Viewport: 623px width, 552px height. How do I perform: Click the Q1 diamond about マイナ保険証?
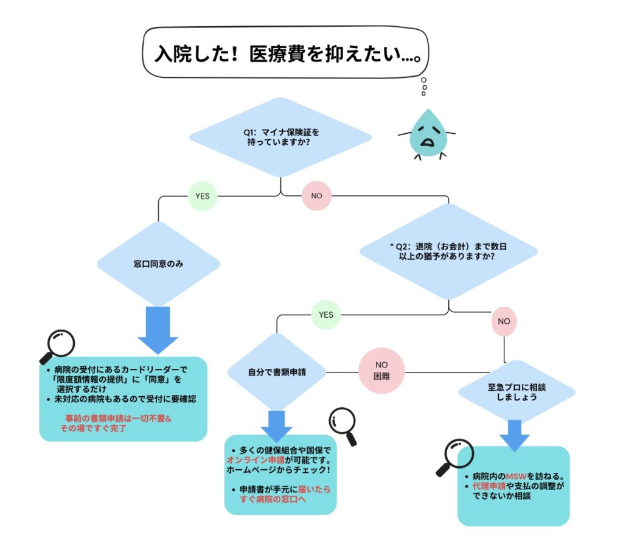[x=280, y=136]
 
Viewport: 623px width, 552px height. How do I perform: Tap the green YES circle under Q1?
[x=202, y=196]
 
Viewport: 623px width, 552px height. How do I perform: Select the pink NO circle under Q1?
[x=316, y=196]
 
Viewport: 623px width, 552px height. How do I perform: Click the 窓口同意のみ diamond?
[x=158, y=264]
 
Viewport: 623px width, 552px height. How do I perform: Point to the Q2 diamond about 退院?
[x=449, y=252]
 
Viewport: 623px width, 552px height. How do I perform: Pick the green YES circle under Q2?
[x=326, y=315]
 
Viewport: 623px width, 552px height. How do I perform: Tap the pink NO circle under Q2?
[x=504, y=320]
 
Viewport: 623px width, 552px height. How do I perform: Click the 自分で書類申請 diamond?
[x=277, y=371]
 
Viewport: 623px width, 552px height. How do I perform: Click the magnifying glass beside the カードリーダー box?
[x=57, y=346]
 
